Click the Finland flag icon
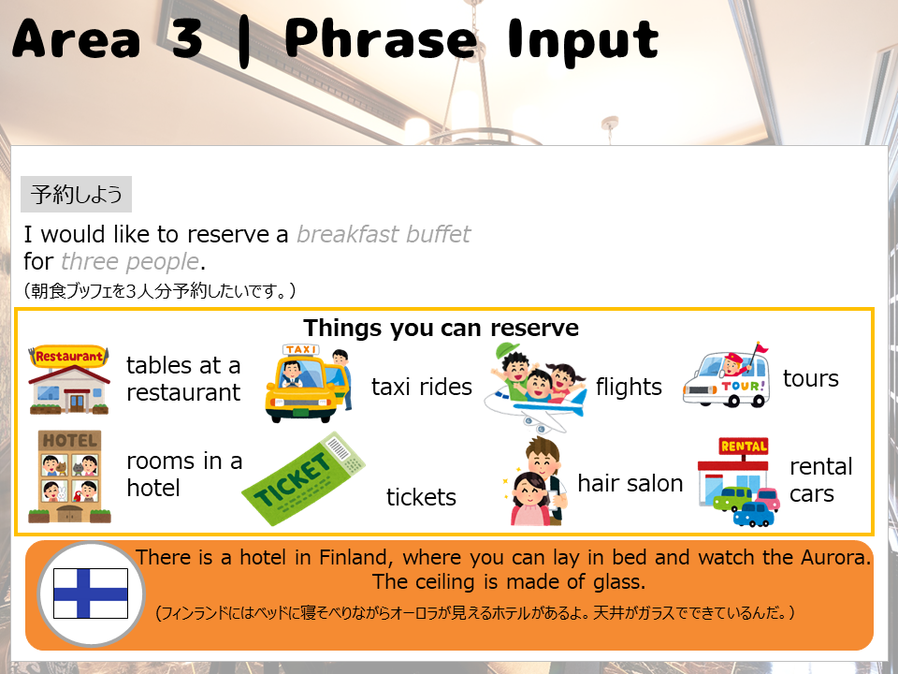click(91, 593)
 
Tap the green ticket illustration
click(303, 478)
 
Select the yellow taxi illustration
click(308, 384)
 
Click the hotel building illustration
click(69, 476)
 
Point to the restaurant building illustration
click(68, 379)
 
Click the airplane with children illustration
click(535, 387)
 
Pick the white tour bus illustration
click(726, 375)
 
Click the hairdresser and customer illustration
click(536, 481)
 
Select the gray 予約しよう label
click(76, 195)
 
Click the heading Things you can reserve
click(441, 329)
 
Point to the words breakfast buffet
click(384, 234)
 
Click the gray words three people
click(130, 261)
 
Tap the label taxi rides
click(422, 387)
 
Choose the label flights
click(629, 388)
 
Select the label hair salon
click(630, 483)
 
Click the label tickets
click(421, 497)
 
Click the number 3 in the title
click(186, 39)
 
